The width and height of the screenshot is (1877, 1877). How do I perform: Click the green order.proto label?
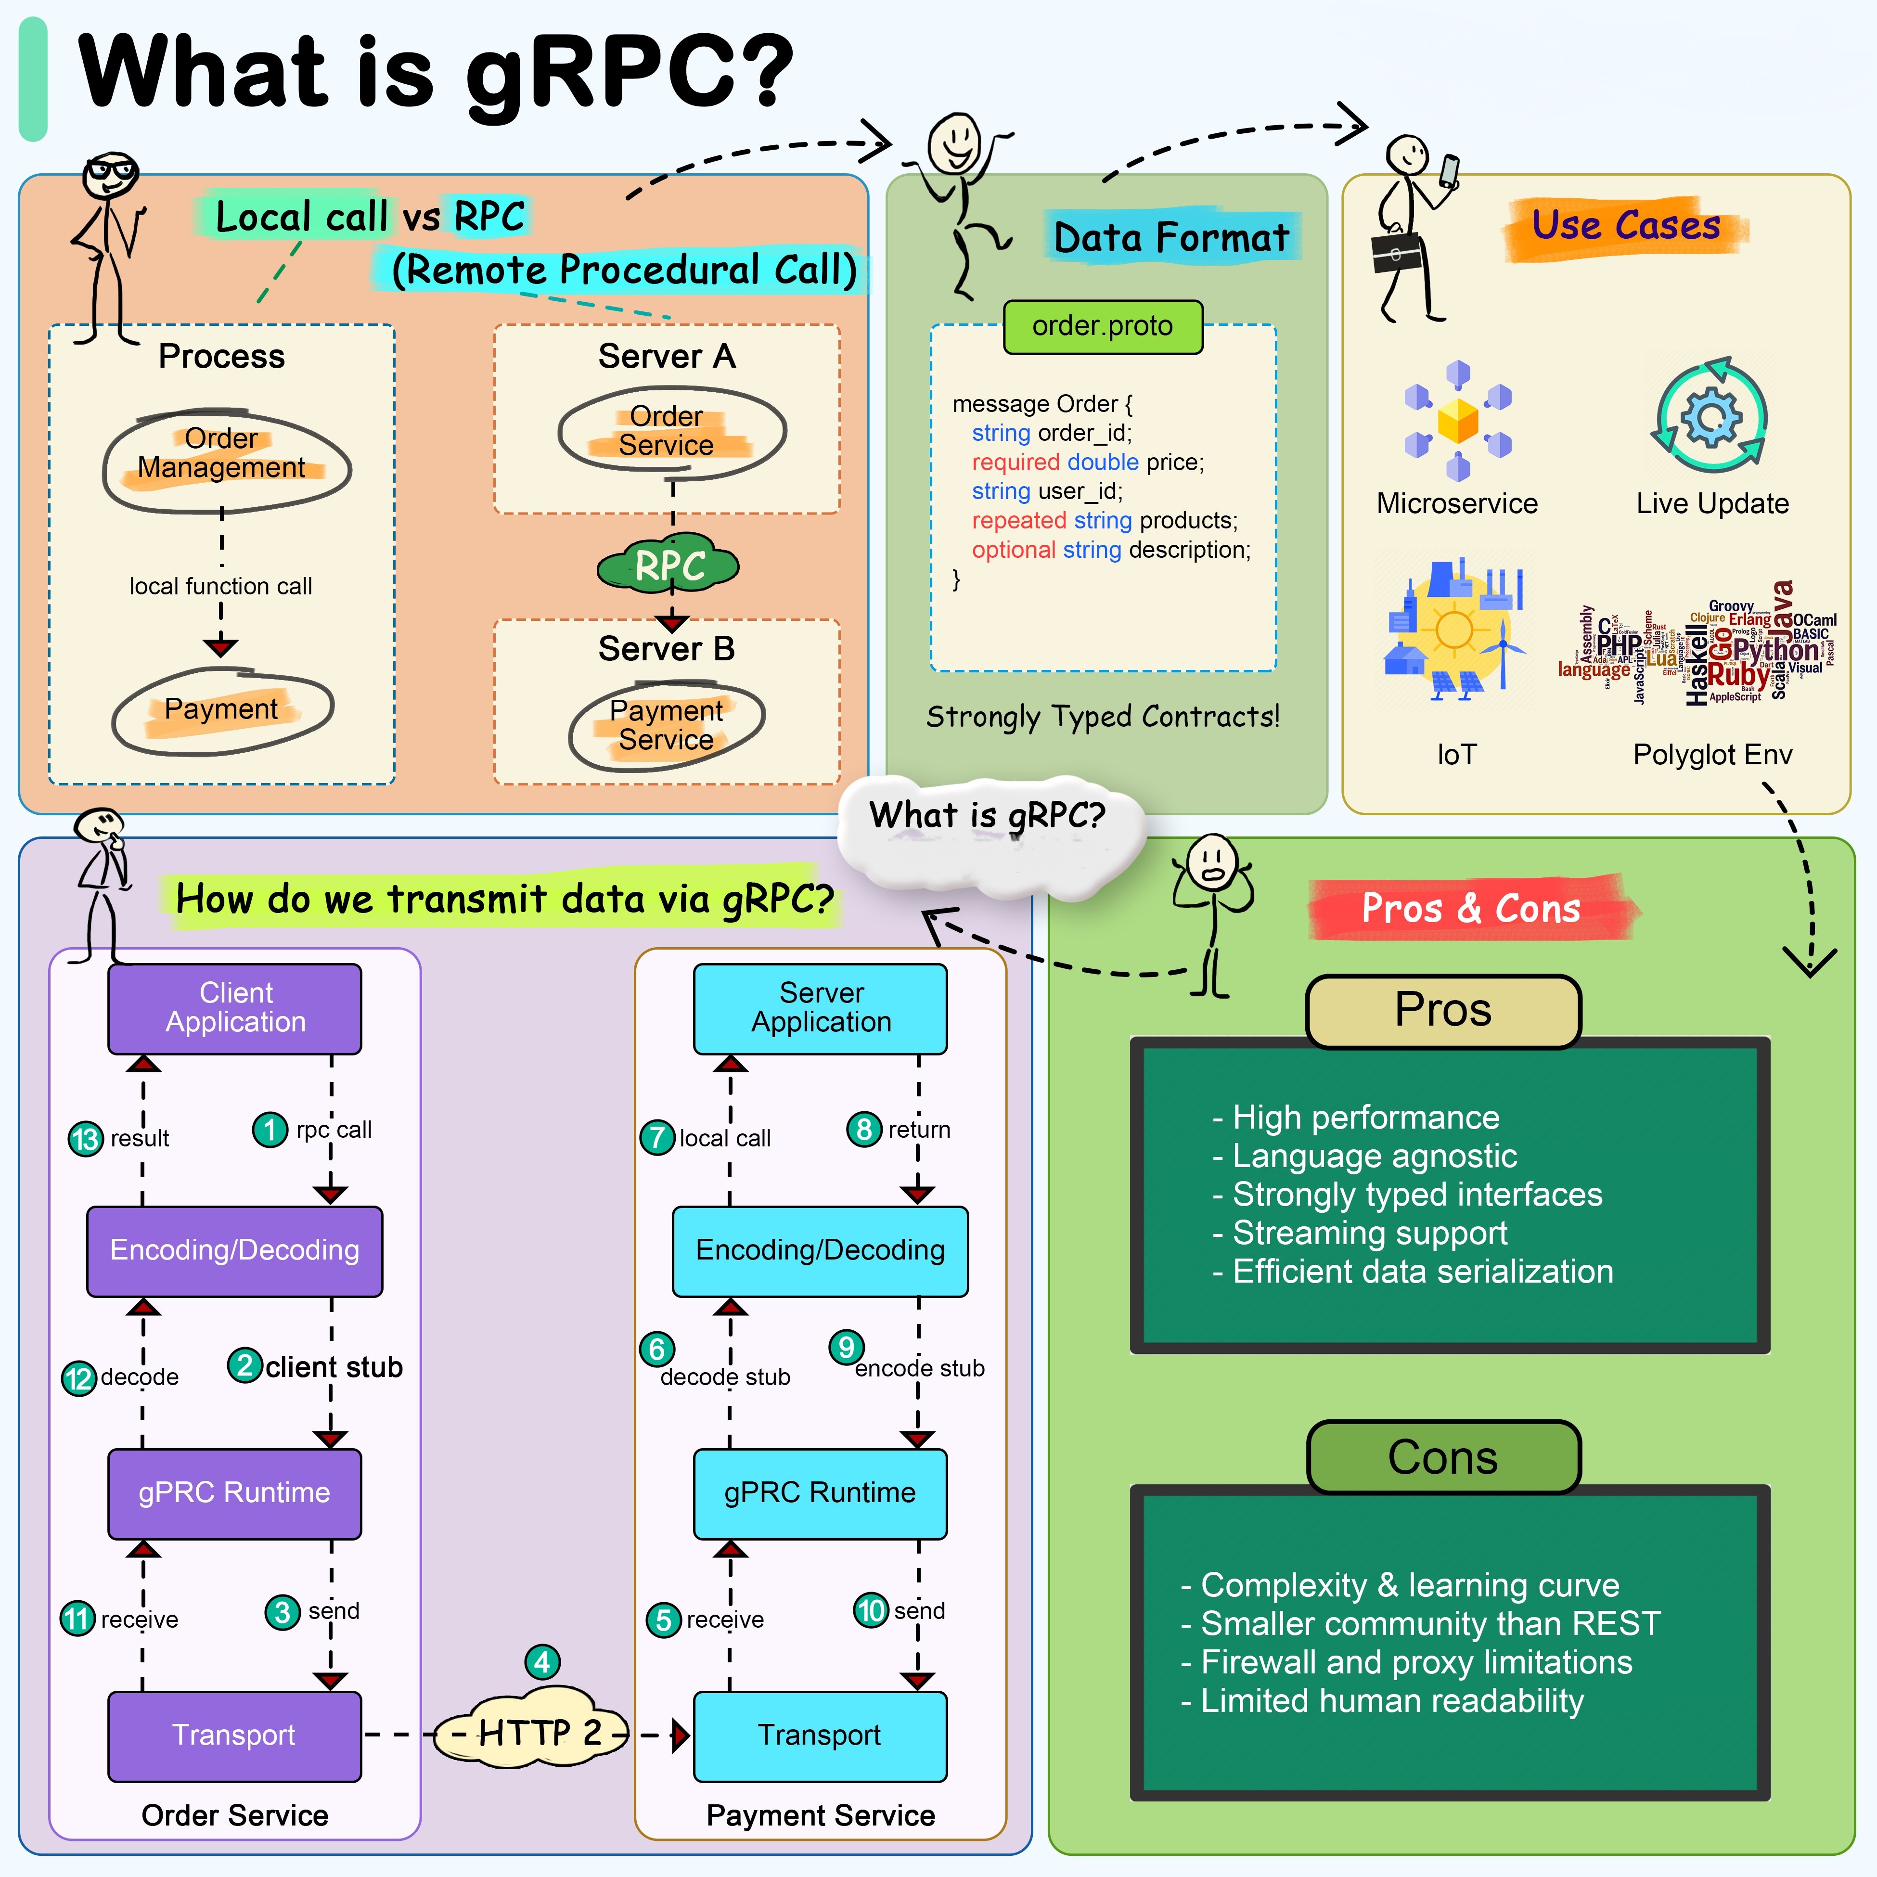point(1103,326)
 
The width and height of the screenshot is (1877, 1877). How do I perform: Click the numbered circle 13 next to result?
point(86,1139)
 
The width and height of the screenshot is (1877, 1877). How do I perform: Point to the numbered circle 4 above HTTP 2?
point(542,1662)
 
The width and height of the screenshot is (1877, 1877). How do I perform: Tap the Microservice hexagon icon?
point(1457,422)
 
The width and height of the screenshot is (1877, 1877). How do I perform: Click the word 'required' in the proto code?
point(1015,463)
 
